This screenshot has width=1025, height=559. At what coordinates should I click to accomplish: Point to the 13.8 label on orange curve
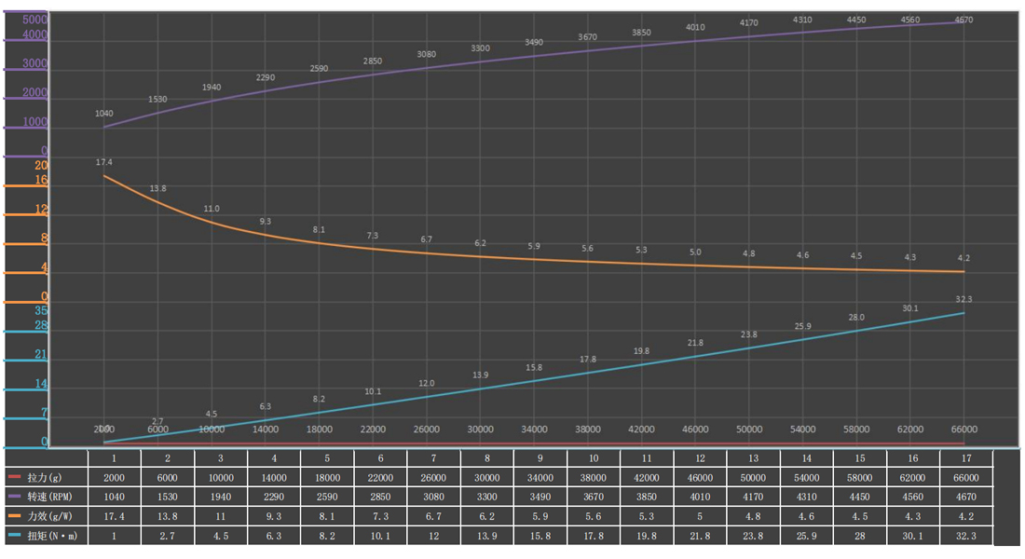click(x=158, y=189)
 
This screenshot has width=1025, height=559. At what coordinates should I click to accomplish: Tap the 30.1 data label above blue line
click(x=909, y=308)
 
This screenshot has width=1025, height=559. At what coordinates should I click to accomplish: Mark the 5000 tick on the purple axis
click(x=35, y=20)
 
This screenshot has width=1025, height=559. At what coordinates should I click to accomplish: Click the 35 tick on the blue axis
click(x=41, y=310)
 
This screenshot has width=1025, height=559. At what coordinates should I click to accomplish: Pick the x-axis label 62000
click(x=909, y=429)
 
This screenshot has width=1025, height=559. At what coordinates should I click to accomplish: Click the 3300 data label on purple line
click(x=480, y=48)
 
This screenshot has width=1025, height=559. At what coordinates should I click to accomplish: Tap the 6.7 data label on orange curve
click(x=427, y=239)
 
